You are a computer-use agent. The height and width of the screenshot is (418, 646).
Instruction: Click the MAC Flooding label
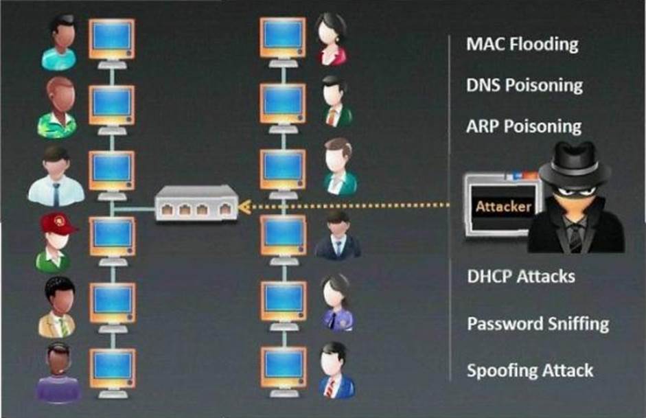click(x=522, y=45)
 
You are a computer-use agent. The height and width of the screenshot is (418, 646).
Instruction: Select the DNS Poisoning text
click(x=524, y=85)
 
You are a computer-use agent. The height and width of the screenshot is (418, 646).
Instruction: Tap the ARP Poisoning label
click(x=524, y=126)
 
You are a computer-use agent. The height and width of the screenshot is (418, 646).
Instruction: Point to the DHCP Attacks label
click(x=520, y=276)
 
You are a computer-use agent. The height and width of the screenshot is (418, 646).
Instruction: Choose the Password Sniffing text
click(x=538, y=323)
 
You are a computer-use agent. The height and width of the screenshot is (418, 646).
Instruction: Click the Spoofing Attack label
click(x=530, y=371)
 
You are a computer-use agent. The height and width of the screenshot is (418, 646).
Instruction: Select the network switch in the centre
click(x=196, y=203)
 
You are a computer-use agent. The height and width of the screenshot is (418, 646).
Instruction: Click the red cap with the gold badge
click(x=56, y=224)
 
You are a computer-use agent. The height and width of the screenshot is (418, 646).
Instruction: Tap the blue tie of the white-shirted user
click(x=56, y=194)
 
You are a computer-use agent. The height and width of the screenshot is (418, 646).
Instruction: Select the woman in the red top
click(x=332, y=40)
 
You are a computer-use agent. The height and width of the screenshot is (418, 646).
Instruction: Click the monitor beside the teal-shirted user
click(x=112, y=38)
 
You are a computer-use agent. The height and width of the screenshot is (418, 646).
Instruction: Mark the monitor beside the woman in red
click(x=282, y=38)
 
